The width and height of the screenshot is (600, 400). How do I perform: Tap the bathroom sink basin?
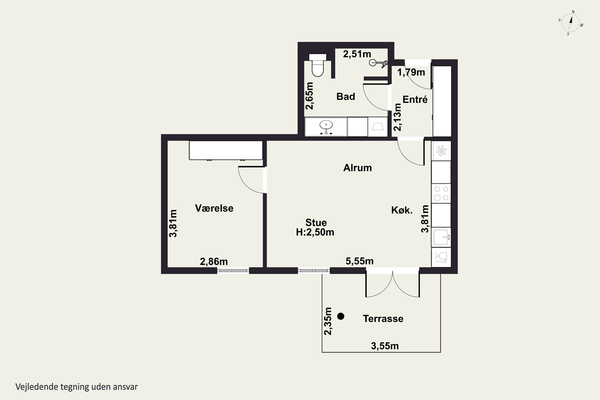(x=326, y=125)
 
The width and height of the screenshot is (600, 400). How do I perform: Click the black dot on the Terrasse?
(x=341, y=316)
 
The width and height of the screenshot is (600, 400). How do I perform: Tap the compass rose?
(x=570, y=23)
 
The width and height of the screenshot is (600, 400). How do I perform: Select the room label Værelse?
(x=214, y=208)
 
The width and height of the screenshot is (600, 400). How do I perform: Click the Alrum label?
(x=357, y=168)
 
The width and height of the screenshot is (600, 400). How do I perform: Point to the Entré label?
(x=415, y=99)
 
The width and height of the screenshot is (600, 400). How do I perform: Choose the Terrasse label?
(x=383, y=319)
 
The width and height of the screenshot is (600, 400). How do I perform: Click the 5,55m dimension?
(x=359, y=261)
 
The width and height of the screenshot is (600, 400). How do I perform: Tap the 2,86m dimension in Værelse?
(x=214, y=262)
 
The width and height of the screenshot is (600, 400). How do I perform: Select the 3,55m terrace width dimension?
(x=385, y=346)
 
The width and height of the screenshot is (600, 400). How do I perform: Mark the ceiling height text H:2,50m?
(x=315, y=232)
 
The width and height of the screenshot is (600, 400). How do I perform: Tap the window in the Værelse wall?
(x=233, y=271)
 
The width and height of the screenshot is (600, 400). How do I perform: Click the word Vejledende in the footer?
(x=37, y=387)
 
